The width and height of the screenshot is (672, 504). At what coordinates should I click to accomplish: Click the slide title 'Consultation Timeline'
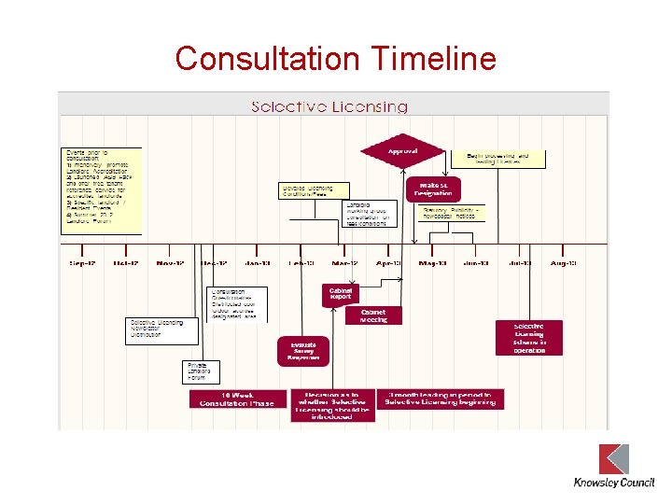pyautogui.click(x=335, y=59)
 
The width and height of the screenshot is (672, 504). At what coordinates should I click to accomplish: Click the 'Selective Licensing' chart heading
pyautogui.click(x=329, y=106)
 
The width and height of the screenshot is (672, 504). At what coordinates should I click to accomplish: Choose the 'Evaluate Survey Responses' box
pyautogui.click(x=303, y=349)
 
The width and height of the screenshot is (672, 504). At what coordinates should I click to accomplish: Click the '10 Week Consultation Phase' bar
pyautogui.click(x=238, y=399)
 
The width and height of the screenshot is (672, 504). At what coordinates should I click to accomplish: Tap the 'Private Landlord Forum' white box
pyautogui.click(x=202, y=371)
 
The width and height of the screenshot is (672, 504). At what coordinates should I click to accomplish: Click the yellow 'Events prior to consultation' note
pyautogui.click(x=102, y=190)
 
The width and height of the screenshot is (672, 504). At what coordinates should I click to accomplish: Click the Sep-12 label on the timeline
pyautogui.click(x=82, y=264)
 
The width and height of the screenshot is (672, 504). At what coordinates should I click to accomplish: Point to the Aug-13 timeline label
pyautogui.click(x=563, y=264)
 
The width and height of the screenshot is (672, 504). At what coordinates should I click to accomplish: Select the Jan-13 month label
pyautogui.click(x=258, y=264)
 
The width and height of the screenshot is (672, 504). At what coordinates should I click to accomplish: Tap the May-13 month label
pyautogui.click(x=432, y=264)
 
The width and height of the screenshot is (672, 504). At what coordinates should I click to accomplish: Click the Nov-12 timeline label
pyautogui.click(x=170, y=264)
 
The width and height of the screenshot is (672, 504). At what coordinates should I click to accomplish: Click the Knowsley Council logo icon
pyautogui.click(x=613, y=459)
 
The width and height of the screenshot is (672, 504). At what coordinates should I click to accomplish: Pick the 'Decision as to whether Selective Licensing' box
pyautogui.click(x=333, y=405)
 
